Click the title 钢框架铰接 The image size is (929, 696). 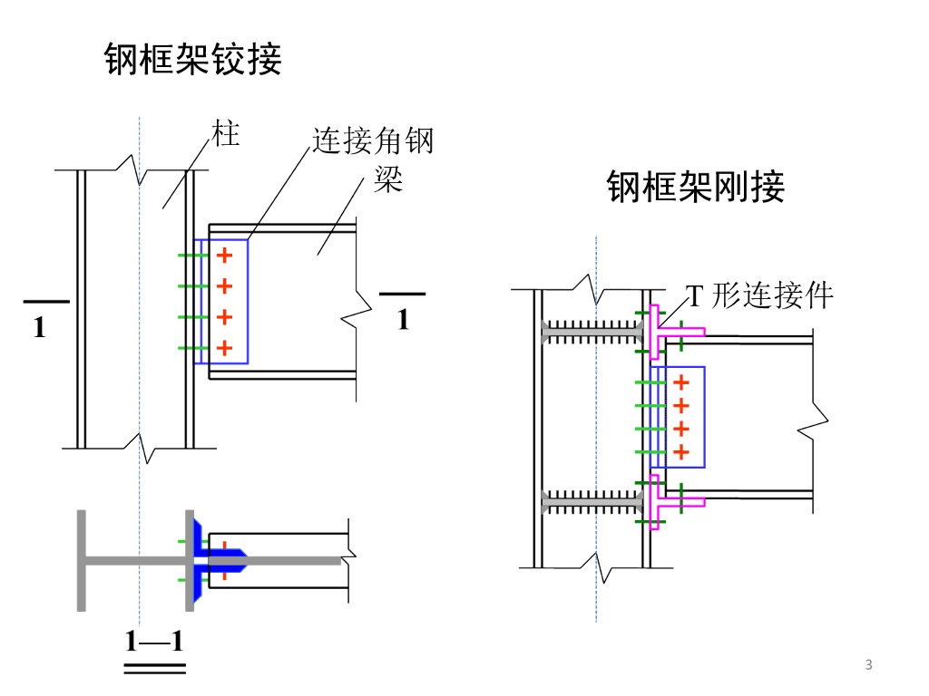[194, 59]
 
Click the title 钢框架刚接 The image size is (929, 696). [696, 187]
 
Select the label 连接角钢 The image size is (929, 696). [373, 140]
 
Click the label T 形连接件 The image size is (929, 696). [758, 295]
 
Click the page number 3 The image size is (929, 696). [869, 666]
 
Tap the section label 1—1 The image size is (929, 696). [154, 643]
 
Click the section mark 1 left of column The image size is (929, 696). [40, 328]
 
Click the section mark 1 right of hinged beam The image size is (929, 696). [403, 319]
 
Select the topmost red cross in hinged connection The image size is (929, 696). [225, 256]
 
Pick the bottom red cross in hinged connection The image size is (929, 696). [225, 347]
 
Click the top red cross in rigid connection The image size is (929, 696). [682, 382]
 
